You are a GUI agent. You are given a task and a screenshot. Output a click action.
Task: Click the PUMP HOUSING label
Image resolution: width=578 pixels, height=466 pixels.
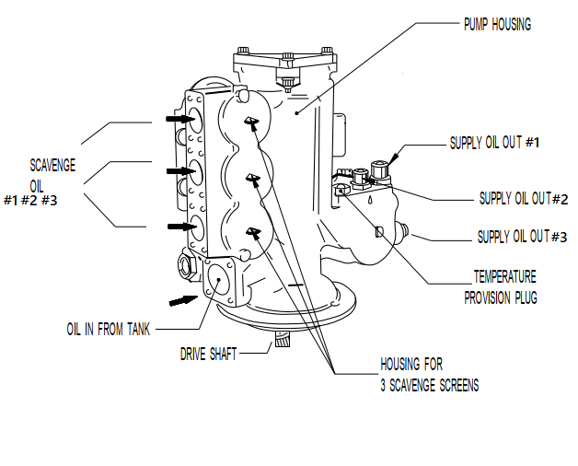click(497, 25)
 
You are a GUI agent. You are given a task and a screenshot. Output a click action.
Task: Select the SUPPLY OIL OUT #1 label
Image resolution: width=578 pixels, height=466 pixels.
click(499, 143)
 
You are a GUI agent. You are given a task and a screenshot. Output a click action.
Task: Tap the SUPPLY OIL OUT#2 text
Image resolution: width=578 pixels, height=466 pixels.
click(523, 198)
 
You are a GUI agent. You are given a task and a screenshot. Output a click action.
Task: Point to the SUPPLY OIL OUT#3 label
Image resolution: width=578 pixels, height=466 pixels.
click(522, 237)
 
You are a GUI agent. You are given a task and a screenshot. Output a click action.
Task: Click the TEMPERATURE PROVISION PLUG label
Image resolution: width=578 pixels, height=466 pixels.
click(501, 286)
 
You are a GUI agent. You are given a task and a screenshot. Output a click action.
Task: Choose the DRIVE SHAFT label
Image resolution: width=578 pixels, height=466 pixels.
click(208, 353)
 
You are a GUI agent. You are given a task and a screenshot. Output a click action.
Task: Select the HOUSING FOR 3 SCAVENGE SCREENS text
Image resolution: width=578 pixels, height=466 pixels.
click(429, 374)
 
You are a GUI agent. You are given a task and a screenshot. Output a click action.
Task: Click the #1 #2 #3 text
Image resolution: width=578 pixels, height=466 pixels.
click(30, 201)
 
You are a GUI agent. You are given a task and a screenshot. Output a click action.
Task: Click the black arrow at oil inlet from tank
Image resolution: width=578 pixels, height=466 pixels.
click(183, 298)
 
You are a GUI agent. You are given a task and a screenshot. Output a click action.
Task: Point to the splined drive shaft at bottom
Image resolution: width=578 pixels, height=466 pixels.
click(283, 345)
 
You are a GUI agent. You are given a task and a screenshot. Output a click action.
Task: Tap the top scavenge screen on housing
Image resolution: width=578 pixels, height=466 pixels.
click(250, 122)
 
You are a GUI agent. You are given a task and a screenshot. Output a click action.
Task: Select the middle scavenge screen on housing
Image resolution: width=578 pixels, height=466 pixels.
click(250, 177)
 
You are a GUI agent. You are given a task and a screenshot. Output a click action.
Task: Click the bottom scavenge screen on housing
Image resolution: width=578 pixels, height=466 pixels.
click(250, 231)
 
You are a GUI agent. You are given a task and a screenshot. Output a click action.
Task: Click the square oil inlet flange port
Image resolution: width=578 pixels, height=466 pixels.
click(221, 281)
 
